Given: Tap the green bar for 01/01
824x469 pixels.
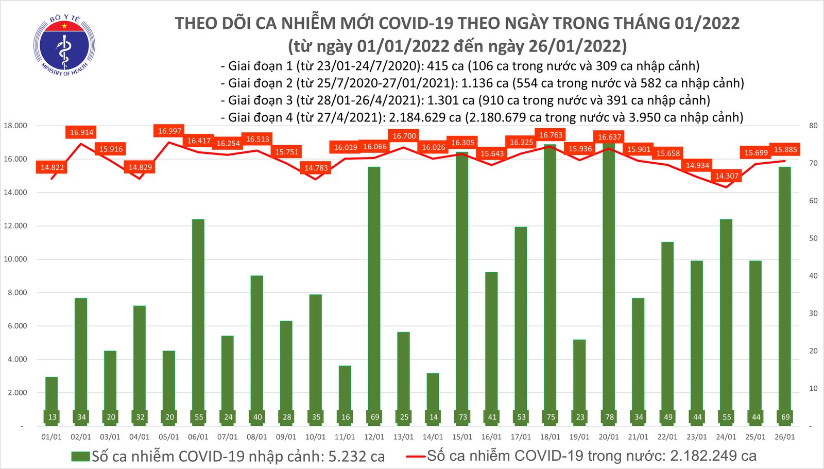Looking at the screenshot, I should coord(51,402).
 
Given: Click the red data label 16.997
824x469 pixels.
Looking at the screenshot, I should coord(169,131).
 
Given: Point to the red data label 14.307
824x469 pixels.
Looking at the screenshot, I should coord(727,176).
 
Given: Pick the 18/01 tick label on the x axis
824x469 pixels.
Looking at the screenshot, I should coord(550,437).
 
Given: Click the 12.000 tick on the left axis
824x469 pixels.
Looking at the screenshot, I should coord(15,226).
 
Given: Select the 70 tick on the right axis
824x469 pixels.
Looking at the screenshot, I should coord(813,163).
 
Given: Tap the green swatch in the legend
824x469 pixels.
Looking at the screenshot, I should coord(80,457).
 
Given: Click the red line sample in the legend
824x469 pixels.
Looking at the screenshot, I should coord(415,456).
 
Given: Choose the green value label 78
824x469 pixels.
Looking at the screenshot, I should coord(609,417).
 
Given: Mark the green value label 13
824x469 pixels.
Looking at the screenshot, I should coord(52,417).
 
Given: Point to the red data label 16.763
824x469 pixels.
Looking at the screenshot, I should coord(551,135).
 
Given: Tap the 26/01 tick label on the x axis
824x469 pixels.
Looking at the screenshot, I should coord(785,437).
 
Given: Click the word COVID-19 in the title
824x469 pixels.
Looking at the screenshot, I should coord(416,23).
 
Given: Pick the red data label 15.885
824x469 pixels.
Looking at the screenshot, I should coord(785,150).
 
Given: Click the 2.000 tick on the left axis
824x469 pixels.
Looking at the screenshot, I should coord(17,393).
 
